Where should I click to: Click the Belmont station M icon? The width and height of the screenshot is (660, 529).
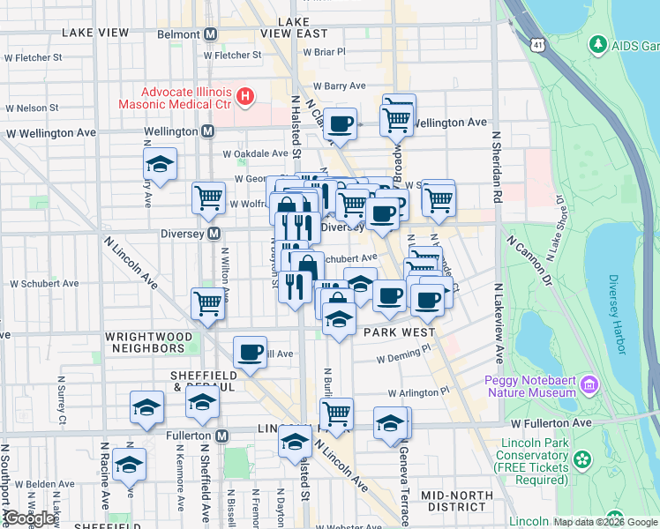pyautogui.click(x=210, y=34)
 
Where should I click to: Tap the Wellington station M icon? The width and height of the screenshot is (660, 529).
pyautogui.click(x=208, y=131)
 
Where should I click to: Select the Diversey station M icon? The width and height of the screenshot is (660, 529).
pyautogui.click(x=213, y=234)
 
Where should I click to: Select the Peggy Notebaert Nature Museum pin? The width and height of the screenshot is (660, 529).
pyautogui.click(x=589, y=384)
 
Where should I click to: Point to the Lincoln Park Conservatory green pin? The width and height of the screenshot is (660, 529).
pyautogui.click(x=581, y=459)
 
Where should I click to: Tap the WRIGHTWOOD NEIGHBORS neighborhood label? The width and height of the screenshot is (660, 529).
pyautogui.click(x=145, y=342)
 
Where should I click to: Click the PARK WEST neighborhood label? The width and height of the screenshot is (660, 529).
pyautogui.click(x=400, y=332)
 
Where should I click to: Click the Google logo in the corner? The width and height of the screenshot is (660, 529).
pyautogui.click(x=30, y=518)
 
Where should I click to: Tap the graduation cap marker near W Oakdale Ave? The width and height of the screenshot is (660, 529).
pyautogui.click(x=160, y=164)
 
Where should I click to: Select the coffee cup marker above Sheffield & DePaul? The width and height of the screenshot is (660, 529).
pyautogui.click(x=250, y=352)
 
